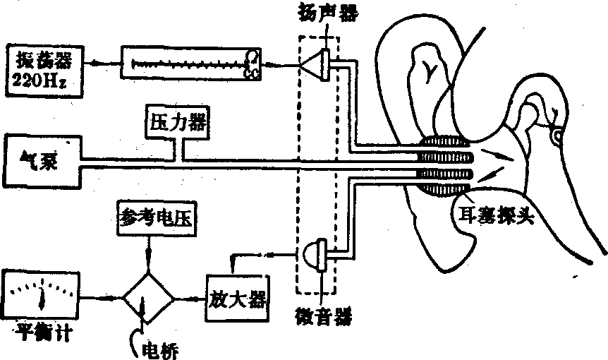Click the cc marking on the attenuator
click(250, 73)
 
